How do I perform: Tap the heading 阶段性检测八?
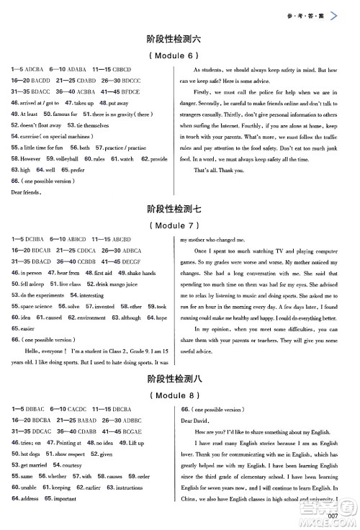(179, 378)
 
